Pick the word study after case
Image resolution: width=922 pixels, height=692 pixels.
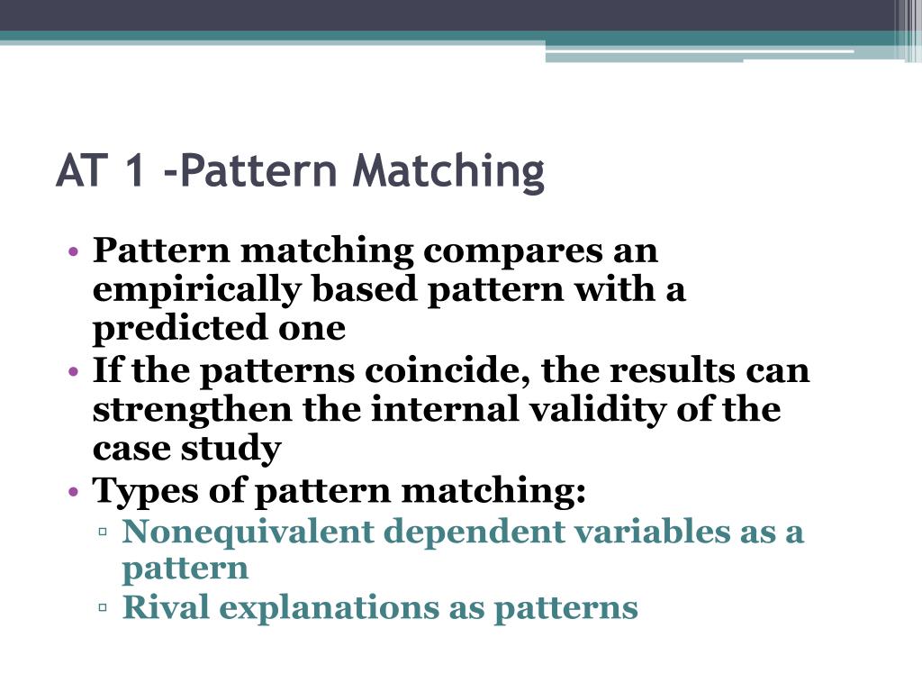point(235,449)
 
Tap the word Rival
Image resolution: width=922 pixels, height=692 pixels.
point(165,608)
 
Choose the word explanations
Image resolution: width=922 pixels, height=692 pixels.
point(330,608)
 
